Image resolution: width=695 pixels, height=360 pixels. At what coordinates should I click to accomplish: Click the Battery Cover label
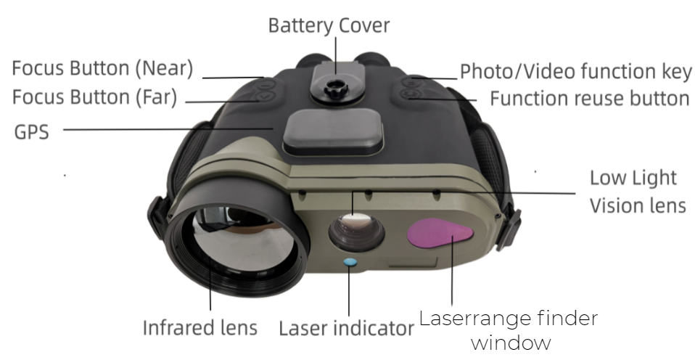click(x=329, y=25)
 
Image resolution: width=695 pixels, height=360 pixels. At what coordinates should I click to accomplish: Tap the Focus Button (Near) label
click(x=102, y=68)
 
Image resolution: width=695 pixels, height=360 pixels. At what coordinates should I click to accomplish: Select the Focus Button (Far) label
click(x=94, y=97)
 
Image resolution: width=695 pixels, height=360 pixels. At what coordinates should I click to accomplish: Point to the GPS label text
click(x=31, y=131)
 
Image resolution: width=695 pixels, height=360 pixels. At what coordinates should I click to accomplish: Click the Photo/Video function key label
click(x=576, y=71)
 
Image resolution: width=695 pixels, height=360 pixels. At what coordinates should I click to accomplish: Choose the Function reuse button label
click(x=590, y=99)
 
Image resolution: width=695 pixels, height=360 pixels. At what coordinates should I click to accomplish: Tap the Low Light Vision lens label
click(x=638, y=192)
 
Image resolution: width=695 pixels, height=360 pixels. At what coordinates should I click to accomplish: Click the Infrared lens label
click(x=200, y=327)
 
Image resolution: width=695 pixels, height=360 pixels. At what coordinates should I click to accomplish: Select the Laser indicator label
click(x=346, y=328)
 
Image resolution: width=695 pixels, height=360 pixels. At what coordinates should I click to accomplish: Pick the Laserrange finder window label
click(x=509, y=330)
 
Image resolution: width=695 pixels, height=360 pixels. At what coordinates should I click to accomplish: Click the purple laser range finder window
click(x=439, y=232)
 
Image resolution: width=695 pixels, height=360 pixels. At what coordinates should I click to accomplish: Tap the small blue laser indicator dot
click(x=350, y=263)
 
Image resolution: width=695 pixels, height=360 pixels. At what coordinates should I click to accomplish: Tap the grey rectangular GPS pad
click(x=333, y=131)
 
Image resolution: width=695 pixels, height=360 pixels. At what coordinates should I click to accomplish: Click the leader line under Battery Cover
click(x=336, y=55)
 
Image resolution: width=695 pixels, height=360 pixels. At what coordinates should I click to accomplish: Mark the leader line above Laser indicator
click(x=349, y=291)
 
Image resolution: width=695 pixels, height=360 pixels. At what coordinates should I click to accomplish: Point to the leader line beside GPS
click(x=168, y=129)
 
